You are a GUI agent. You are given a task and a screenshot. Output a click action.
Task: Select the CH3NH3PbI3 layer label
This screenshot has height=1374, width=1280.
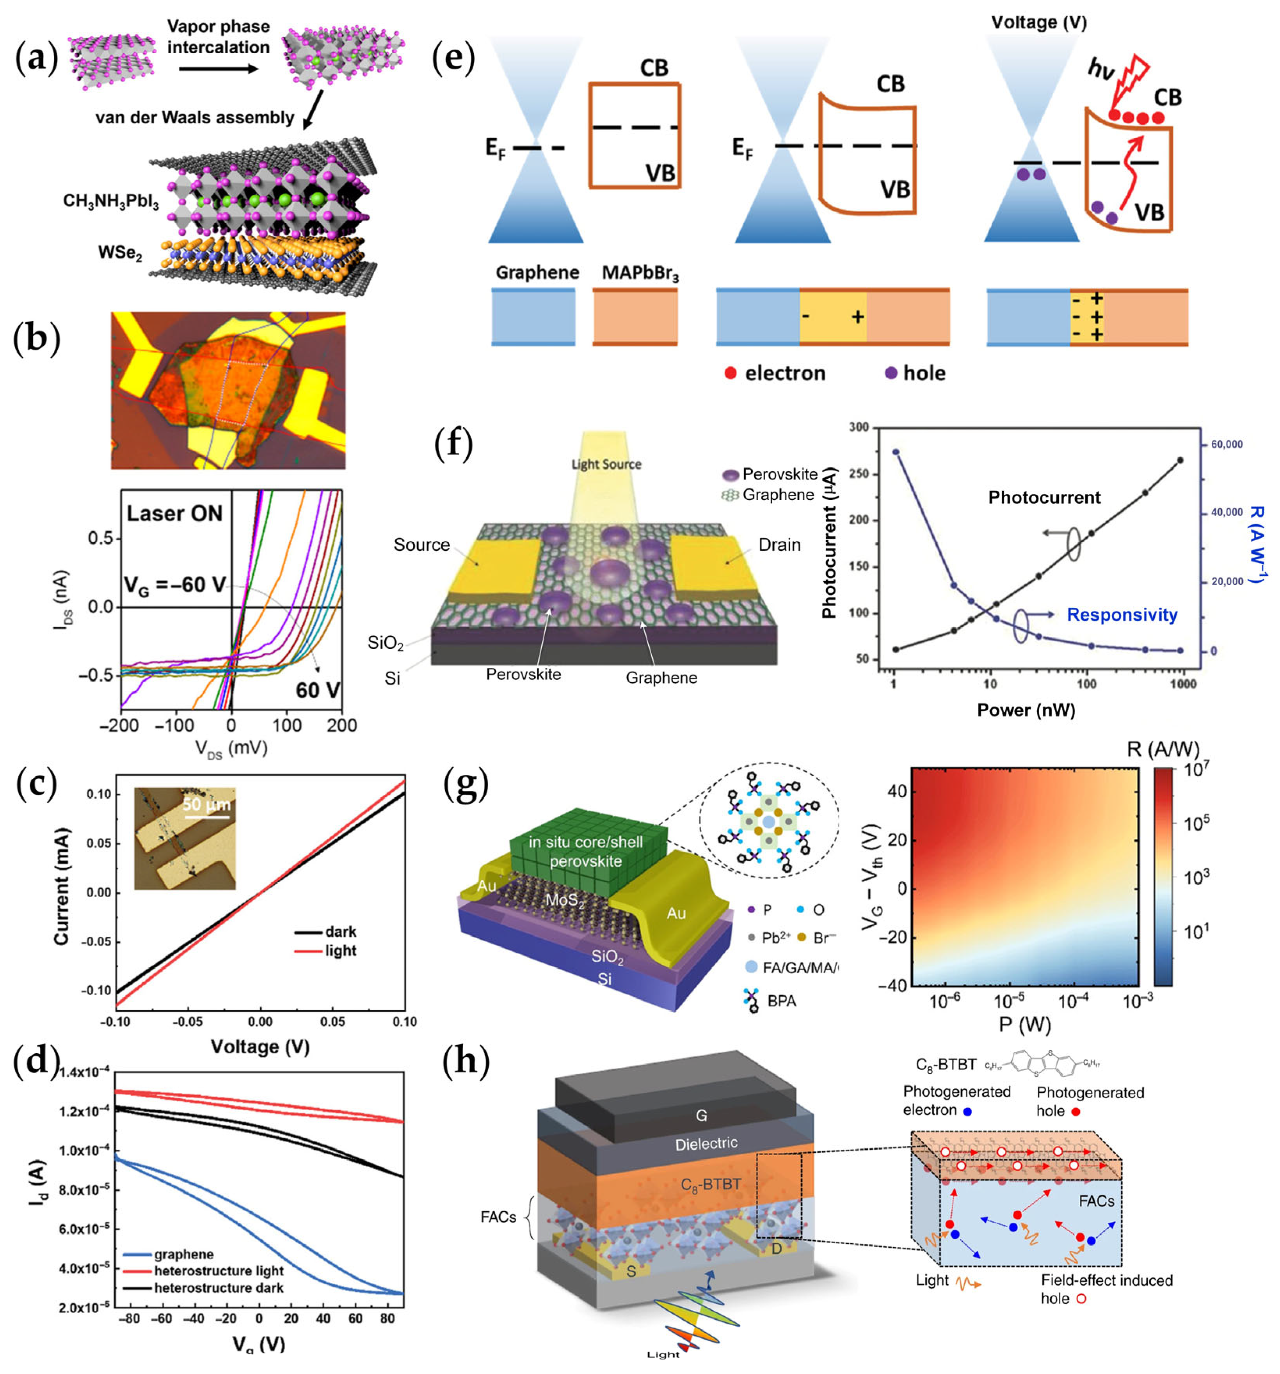[x=111, y=201]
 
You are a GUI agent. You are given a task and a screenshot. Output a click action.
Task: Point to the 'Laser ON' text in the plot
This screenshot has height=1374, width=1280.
[x=174, y=513]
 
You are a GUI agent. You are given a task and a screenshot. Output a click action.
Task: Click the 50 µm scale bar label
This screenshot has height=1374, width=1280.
[x=206, y=804]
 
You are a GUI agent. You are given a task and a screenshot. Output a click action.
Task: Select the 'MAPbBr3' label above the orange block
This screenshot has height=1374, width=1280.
[x=640, y=273]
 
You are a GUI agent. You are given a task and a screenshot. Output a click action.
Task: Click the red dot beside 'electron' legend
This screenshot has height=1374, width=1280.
[x=730, y=373]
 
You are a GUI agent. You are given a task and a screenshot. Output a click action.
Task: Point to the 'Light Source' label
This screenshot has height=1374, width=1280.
[x=606, y=465]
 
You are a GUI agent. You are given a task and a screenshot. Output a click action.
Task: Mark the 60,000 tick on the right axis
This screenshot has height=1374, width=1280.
[x=1226, y=444]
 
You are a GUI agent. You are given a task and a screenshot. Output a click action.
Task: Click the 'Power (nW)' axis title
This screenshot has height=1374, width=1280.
[x=1026, y=710]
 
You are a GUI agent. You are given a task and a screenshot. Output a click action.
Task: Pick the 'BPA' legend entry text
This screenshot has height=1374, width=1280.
[x=781, y=1000]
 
